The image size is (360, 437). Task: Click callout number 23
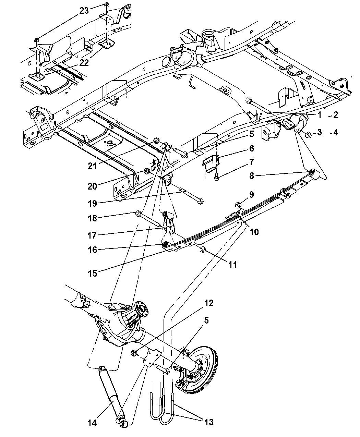tap(84, 11)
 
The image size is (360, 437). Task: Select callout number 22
tap(84, 63)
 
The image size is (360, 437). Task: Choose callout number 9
tap(251, 195)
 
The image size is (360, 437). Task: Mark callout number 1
tap(319, 115)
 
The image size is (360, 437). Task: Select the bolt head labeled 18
tap(139, 214)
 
